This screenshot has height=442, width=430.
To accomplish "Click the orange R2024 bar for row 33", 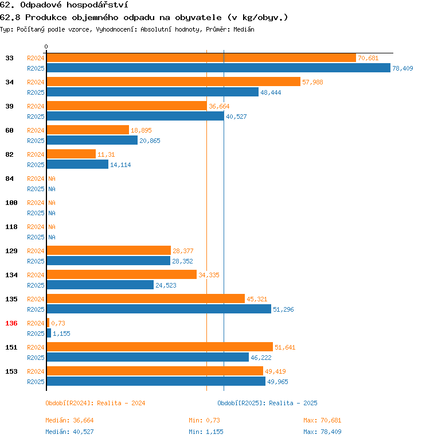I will tap(201, 58).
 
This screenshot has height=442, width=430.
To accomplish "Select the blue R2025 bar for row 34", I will tap(153, 92).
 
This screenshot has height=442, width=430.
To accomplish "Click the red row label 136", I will tap(11, 323).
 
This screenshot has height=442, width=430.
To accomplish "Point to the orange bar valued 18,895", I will tap(88, 130).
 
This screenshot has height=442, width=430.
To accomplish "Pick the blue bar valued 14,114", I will tap(77, 165).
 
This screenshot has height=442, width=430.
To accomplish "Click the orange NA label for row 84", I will tap(52, 179).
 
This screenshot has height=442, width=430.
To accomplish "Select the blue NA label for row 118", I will tap(52, 237).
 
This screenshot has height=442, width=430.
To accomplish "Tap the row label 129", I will tap(11, 251).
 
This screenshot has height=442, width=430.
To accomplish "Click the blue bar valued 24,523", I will tap(100, 285).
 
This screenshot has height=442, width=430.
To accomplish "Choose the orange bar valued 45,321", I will tap(146, 299).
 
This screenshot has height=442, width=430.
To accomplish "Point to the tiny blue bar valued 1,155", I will tap(49, 334).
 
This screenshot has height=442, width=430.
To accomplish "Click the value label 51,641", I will tap(285, 347).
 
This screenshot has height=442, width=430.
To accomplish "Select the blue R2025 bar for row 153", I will tap(156, 382).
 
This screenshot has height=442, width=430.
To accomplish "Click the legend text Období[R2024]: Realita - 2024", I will tap(95, 403).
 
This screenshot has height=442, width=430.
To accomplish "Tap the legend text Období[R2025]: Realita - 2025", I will tap(267, 403).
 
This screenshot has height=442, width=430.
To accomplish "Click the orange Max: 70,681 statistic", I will tap(322, 421).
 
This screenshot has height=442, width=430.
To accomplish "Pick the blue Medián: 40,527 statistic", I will tap(69, 432).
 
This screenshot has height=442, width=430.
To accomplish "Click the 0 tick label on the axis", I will tap(46, 46).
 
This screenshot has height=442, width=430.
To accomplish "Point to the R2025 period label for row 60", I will tap(36, 141).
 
